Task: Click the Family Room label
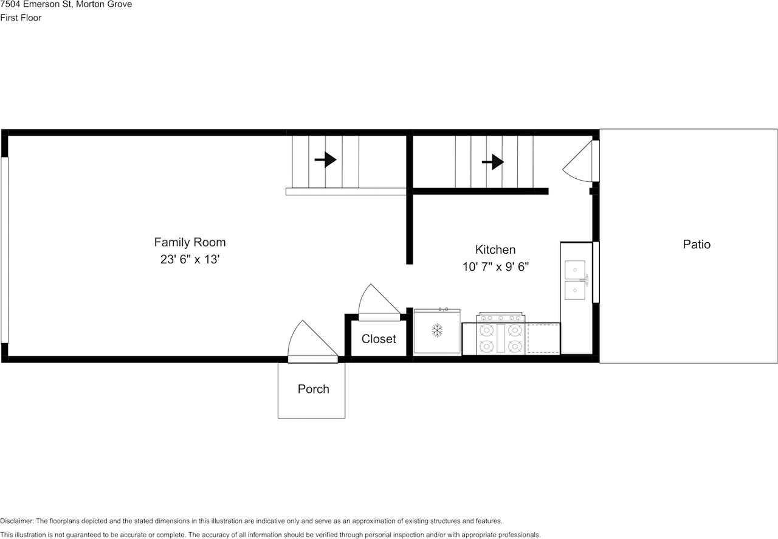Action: [190, 242]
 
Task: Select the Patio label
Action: [697, 245]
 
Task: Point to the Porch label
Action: [313, 389]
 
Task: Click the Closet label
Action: [379, 339]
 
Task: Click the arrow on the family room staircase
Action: [325, 160]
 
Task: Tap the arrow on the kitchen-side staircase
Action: [493, 162]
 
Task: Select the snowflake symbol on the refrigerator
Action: [437, 330]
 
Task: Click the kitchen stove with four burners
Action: [500, 337]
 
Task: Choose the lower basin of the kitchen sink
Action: [574, 290]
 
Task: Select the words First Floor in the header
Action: [21, 18]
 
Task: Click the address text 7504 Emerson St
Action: [34, 4]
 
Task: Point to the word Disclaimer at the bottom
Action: [17, 521]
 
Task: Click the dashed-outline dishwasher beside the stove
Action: [543, 339]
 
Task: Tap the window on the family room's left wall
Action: [4, 249]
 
